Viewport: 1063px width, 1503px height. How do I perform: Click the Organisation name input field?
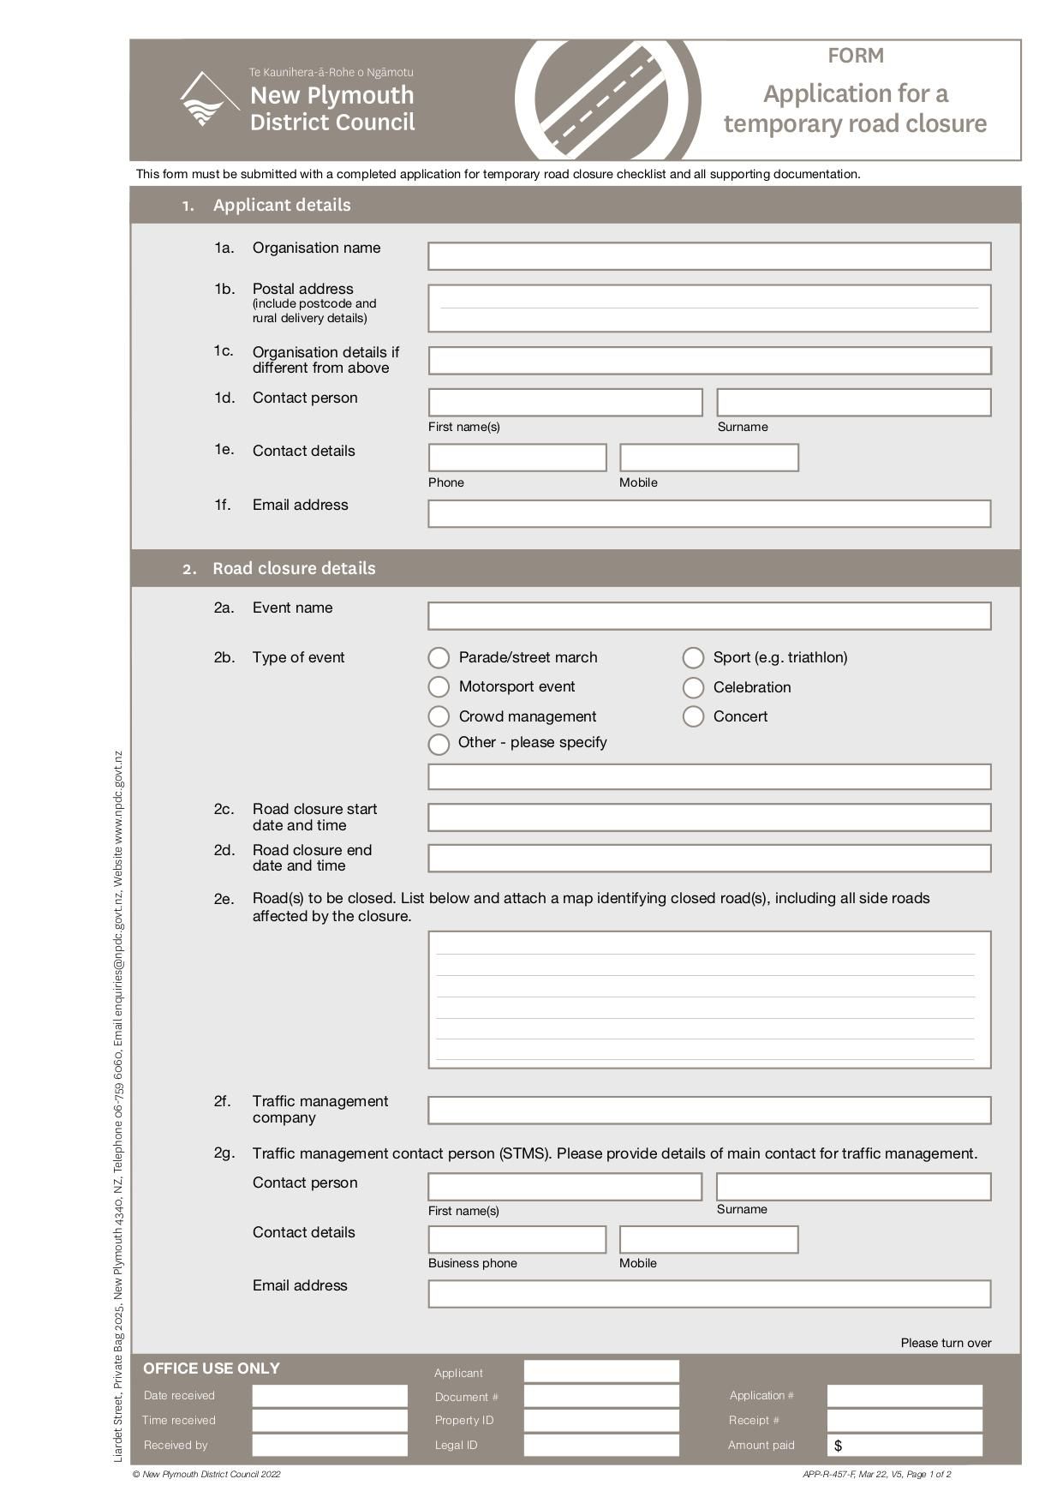click(x=709, y=256)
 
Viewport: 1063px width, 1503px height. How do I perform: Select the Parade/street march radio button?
click(x=439, y=658)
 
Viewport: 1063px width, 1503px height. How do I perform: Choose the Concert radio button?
click(x=693, y=716)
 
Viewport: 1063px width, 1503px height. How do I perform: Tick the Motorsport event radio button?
click(x=439, y=687)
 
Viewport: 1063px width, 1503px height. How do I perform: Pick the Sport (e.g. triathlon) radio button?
click(x=693, y=658)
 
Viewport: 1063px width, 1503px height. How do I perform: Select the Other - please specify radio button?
click(x=439, y=744)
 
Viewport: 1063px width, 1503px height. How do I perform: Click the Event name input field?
click(x=709, y=616)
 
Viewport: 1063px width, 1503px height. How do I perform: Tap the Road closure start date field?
click(x=709, y=817)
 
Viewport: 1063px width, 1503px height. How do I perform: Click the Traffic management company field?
click(x=709, y=1111)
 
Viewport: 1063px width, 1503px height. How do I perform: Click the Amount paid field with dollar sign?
click(x=905, y=1445)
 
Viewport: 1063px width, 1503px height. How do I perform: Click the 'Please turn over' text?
click(x=946, y=1343)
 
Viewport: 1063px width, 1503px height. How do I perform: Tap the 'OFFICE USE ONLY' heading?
click(x=212, y=1368)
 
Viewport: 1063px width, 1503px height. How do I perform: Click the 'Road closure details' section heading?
click(x=294, y=568)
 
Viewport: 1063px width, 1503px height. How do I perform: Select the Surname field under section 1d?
click(x=853, y=403)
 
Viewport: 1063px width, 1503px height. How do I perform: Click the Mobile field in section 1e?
click(x=709, y=458)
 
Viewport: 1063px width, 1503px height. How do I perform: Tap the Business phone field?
click(x=517, y=1240)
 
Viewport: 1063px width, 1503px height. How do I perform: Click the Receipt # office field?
click(x=905, y=1420)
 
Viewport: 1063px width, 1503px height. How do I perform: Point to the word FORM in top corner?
click(x=855, y=56)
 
